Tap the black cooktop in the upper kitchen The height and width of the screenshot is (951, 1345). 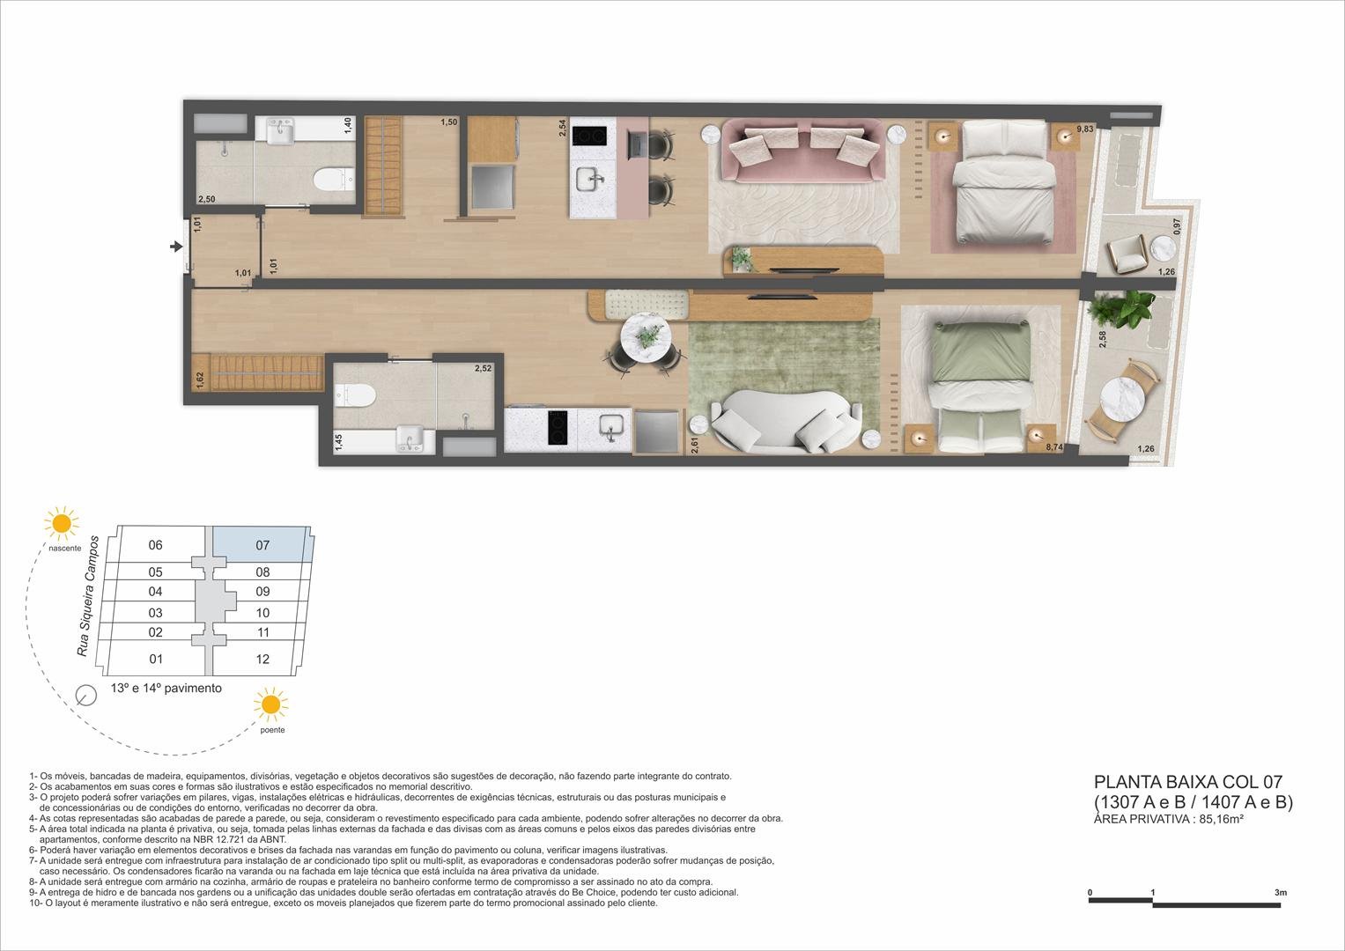589,136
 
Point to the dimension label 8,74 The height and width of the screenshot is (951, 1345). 1053,447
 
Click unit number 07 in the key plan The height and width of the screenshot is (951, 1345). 262,545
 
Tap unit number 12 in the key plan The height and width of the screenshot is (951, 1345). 262,659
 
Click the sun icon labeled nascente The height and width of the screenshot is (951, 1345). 62,523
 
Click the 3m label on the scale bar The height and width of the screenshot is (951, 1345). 1280,893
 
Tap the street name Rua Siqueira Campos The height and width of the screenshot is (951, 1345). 87,594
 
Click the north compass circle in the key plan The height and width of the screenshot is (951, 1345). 86,696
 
